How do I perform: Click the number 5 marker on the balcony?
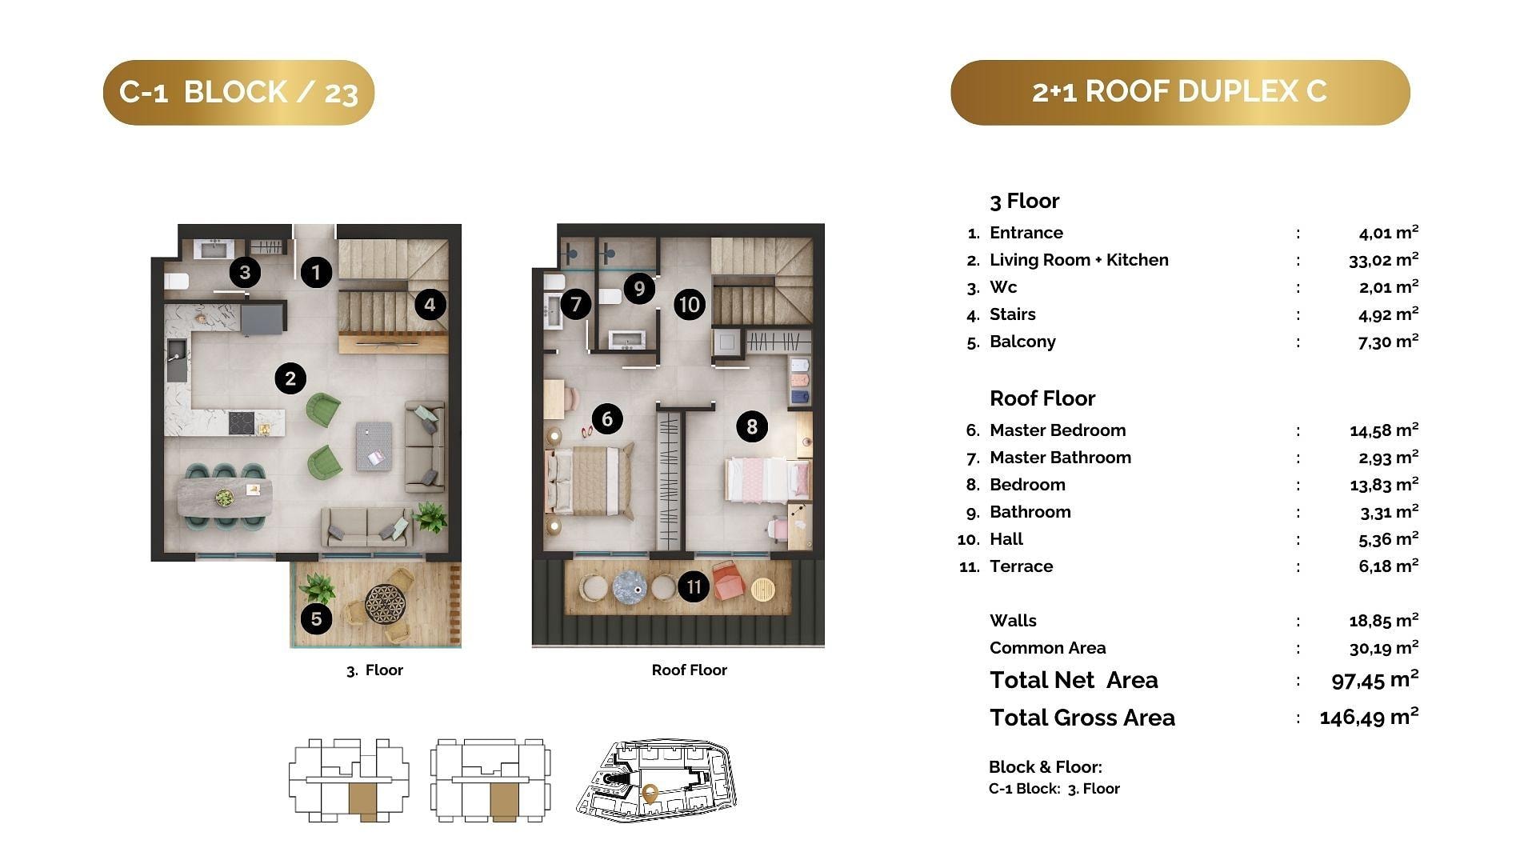317,618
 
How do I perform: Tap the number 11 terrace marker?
694,587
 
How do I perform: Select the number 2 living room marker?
290,378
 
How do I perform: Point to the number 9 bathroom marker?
638,288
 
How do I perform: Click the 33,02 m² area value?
1383,259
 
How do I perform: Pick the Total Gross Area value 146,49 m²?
1369,717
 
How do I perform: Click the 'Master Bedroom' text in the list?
1058,430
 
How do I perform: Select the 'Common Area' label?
1047,648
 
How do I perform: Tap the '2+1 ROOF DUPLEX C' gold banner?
1180,92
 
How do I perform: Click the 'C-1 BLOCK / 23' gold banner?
238,92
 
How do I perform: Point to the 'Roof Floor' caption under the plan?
689,670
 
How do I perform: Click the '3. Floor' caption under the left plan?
374,670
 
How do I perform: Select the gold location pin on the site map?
650,794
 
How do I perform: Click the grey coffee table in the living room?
374,446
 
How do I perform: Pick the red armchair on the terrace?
728,581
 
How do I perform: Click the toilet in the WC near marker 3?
177,282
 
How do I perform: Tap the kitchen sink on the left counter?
177,361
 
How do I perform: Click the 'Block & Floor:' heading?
1045,767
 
